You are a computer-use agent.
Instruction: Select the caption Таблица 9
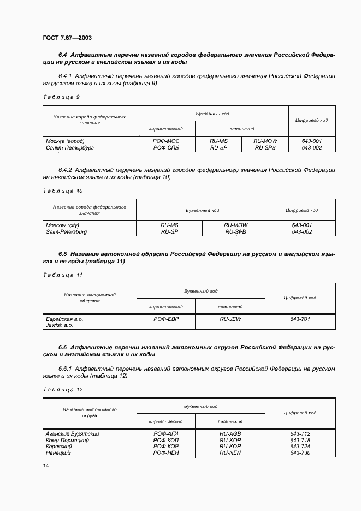pos(61,97)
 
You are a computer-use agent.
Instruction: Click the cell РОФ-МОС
pos(166,141)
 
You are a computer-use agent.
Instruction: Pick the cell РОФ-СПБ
pos(166,147)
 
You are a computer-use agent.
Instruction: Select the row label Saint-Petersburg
pos(66,231)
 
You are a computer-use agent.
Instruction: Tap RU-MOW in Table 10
pos(235,225)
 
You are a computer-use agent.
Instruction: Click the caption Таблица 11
pos(62,275)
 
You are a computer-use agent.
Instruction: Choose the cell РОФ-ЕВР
pos(166,319)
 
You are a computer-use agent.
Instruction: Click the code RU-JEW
pos(230,319)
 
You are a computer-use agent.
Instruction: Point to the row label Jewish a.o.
pos(59,325)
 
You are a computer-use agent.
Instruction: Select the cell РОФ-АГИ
pos(166,434)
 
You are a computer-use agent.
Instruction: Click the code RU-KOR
pos(230,447)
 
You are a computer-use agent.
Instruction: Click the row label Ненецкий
pos(58,453)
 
